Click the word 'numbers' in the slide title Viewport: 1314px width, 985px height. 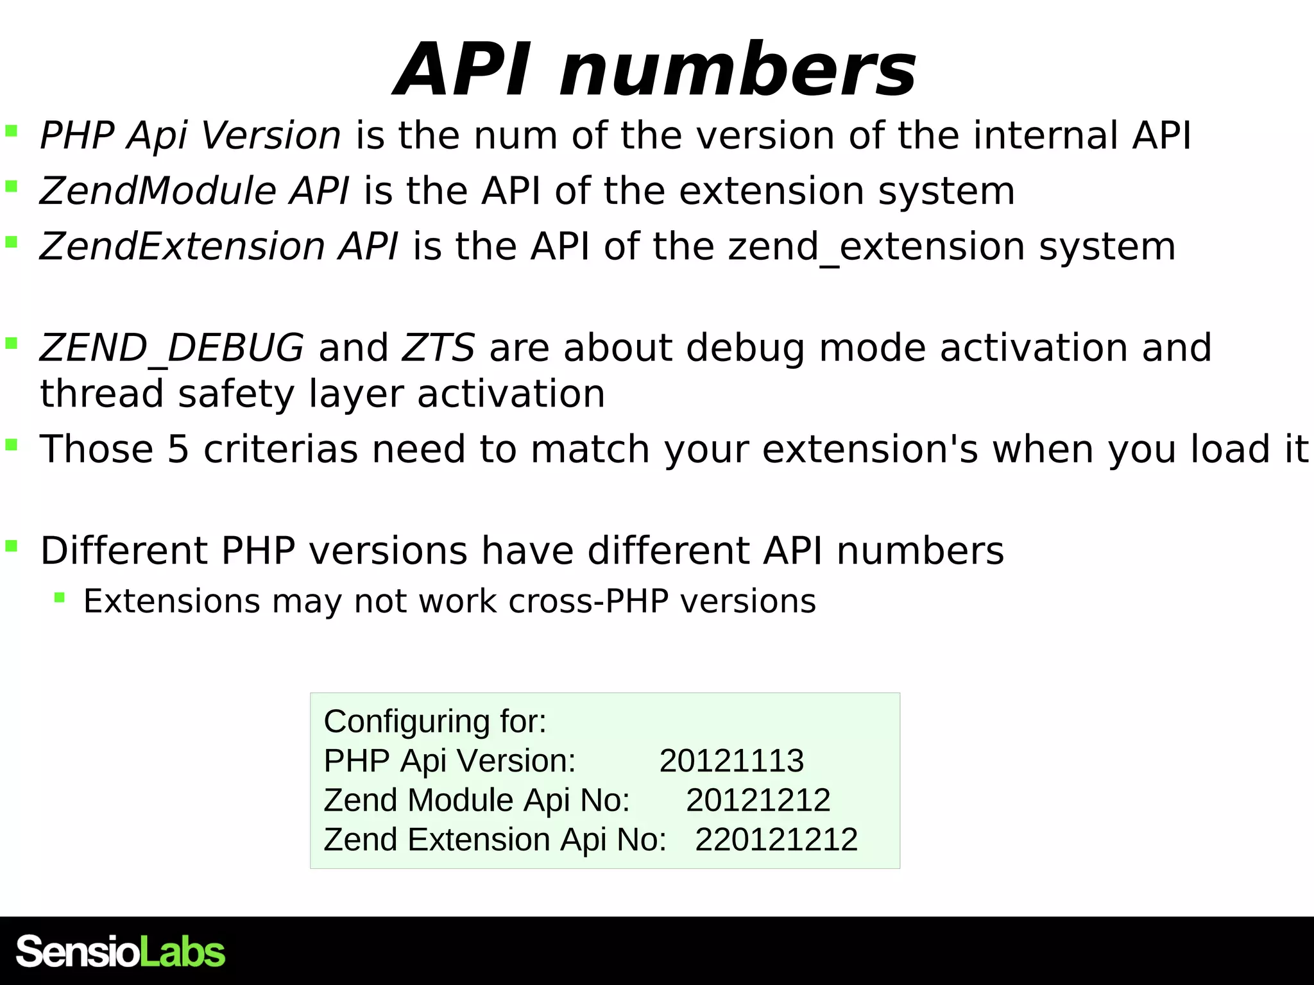pyautogui.click(x=738, y=71)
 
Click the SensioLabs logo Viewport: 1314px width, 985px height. pyautogui.click(x=121, y=952)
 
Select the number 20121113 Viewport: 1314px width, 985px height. pyautogui.click(x=731, y=761)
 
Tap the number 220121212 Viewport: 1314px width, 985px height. pyautogui.click(x=776, y=839)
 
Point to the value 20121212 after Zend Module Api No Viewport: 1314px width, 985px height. pyautogui.click(x=758, y=800)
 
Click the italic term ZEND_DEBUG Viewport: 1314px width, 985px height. pyautogui.click(x=171, y=348)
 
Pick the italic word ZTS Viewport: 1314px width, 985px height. pyautogui.click(x=438, y=348)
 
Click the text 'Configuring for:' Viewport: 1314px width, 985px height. pyautogui.click(x=435, y=721)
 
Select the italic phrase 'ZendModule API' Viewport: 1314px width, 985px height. pyautogui.click(x=194, y=191)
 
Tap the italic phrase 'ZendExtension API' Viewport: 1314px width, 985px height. pyautogui.click(x=219, y=247)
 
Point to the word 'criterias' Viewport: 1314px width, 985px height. pyautogui.click(x=280, y=449)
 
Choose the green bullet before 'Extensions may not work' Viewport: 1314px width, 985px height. pyautogui.click(x=60, y=598)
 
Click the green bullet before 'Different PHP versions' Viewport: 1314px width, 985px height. pyautogui.click(x=11, y=546)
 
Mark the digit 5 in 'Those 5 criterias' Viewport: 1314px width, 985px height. pyautogui.click(x=178, y=449)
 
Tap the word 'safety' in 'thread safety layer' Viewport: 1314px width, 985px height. pyautogui.click(x=235, y=394)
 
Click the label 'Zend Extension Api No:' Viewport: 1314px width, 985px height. pyautogui.click(x=495, y=839)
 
